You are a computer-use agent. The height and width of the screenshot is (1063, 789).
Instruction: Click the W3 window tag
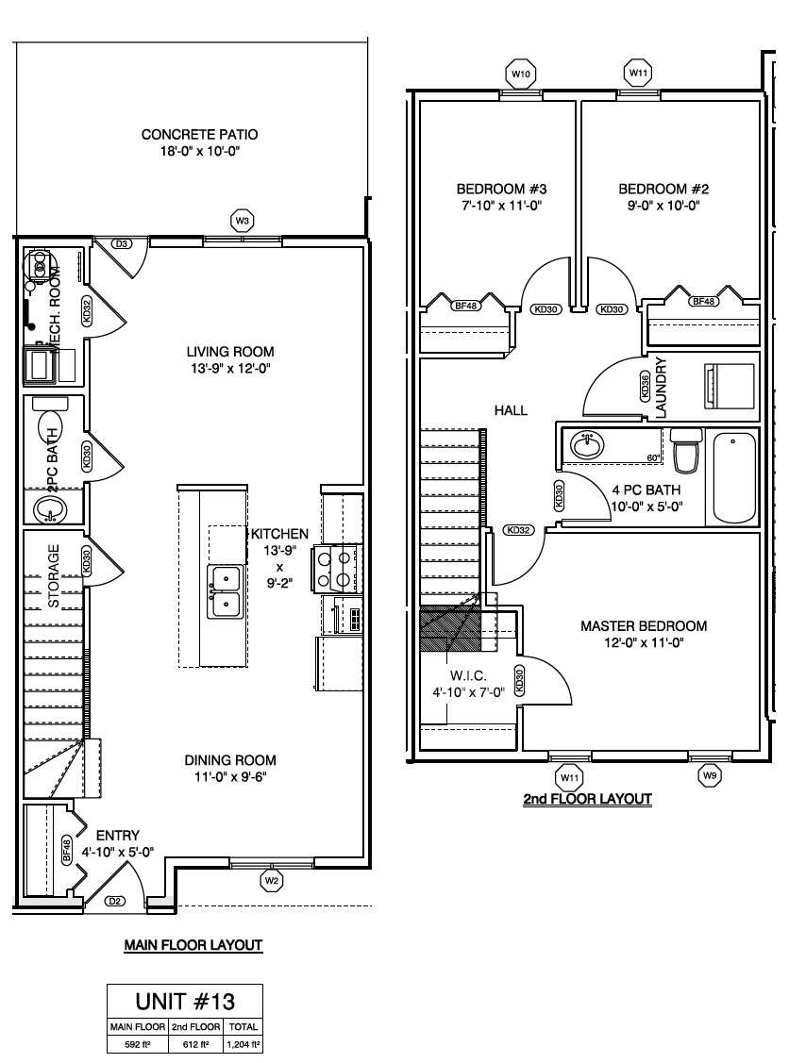pyautogui.click(x=243, y=221)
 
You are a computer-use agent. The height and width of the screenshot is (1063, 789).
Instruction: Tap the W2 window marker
pyautogui.click(x=272, y=881)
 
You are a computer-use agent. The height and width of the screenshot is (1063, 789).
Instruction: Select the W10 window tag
pyautogui.click(x=520, y=74)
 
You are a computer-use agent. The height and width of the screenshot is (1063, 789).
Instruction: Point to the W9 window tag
pyautogui.click(x=710, y=775)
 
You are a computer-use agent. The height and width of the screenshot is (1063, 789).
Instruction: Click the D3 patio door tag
pyautogui.click(x=123, y=243)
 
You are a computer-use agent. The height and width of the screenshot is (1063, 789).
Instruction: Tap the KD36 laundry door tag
pyautogui.click(x=646, y=387)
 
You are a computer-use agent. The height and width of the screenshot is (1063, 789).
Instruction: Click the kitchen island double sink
pyautogui.click(x=226, y=591)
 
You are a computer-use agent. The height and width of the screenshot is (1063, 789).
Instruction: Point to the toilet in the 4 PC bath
pyautogui.click(x=685, y=450)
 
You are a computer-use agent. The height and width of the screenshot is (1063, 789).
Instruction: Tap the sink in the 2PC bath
pyautogui.click(x=49, y=507)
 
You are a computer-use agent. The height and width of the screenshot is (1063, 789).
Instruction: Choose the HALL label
pyautogui.click(x=511, y=410)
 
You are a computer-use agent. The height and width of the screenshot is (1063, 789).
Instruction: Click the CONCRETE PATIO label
pyautogui.click(x=199, y=134)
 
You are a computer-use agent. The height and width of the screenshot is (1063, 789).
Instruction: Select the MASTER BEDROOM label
pyautogui.click(x=644, y=625)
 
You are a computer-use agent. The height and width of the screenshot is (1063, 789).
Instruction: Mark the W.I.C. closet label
pyautogui.click(x=468, y=676)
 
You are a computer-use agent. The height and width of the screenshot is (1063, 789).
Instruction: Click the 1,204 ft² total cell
pyautogui.click(x=243, y=1044)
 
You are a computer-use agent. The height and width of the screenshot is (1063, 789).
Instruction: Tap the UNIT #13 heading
pyautogui.click(x=185, y=1002)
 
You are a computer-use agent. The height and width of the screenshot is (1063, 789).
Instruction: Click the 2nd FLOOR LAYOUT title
pyautogui.click(x=588, y=799)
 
